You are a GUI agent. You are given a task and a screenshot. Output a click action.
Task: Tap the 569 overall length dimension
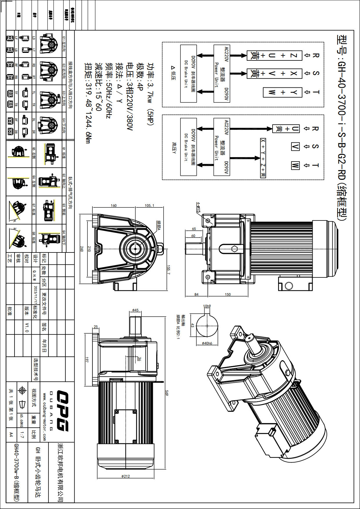167,393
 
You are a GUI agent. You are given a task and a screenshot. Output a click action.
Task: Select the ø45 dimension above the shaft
135,310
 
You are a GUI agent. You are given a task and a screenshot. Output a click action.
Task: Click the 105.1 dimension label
149,205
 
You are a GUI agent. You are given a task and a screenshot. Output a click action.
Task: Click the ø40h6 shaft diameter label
207,343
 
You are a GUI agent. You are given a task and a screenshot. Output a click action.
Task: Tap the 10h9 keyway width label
207,306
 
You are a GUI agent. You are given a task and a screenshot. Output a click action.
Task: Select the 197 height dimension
87,360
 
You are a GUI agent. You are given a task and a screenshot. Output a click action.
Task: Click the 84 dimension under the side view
196,294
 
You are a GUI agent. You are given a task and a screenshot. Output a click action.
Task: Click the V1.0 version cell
27,327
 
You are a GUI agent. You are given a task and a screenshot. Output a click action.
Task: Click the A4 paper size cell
11,435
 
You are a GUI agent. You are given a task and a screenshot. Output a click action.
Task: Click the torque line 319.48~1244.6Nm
88,103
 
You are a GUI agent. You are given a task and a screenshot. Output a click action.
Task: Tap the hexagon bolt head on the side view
234,249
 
